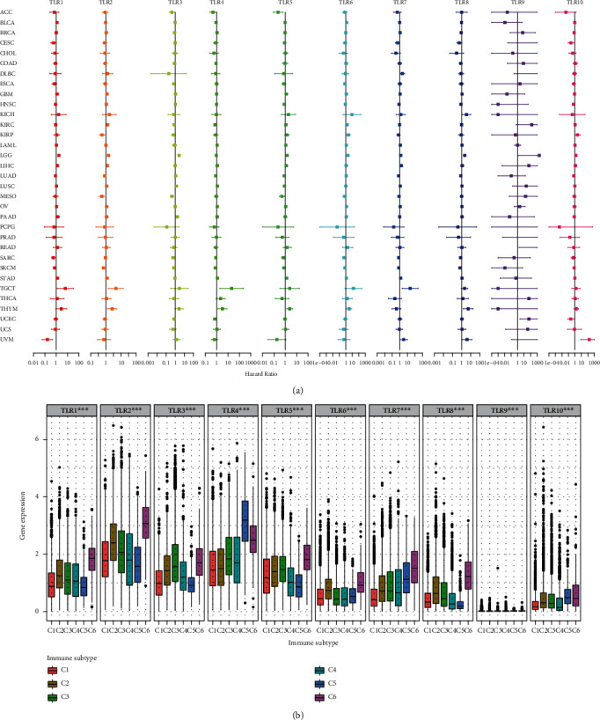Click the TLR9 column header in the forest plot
click(517, 4)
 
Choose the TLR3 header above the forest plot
click(174, 4)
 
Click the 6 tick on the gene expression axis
click(35, 438)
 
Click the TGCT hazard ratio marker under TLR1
click(64, 288)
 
